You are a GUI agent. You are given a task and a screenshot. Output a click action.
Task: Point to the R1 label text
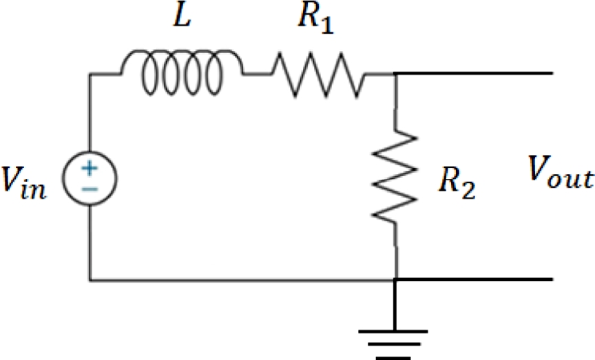[316, 21]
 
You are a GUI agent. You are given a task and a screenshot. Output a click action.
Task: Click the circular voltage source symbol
[90, 176]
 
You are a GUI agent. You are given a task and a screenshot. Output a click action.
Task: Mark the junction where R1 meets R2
[396, 74]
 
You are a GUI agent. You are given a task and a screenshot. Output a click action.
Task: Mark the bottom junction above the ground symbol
[395, 279]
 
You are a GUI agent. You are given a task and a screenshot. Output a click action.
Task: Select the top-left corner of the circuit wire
[90, 74]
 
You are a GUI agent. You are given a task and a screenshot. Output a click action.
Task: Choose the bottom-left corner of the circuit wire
[90, 279]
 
